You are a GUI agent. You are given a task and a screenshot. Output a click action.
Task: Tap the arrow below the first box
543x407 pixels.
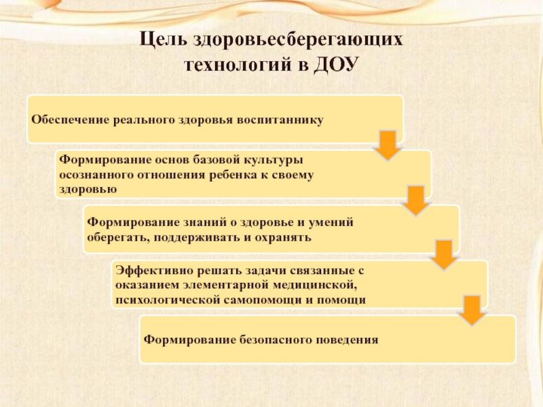(388, 145)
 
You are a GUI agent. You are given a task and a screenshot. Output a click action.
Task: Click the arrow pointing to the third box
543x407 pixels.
(415, 201)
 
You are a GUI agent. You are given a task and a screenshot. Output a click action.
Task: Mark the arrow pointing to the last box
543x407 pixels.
(471, 310)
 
